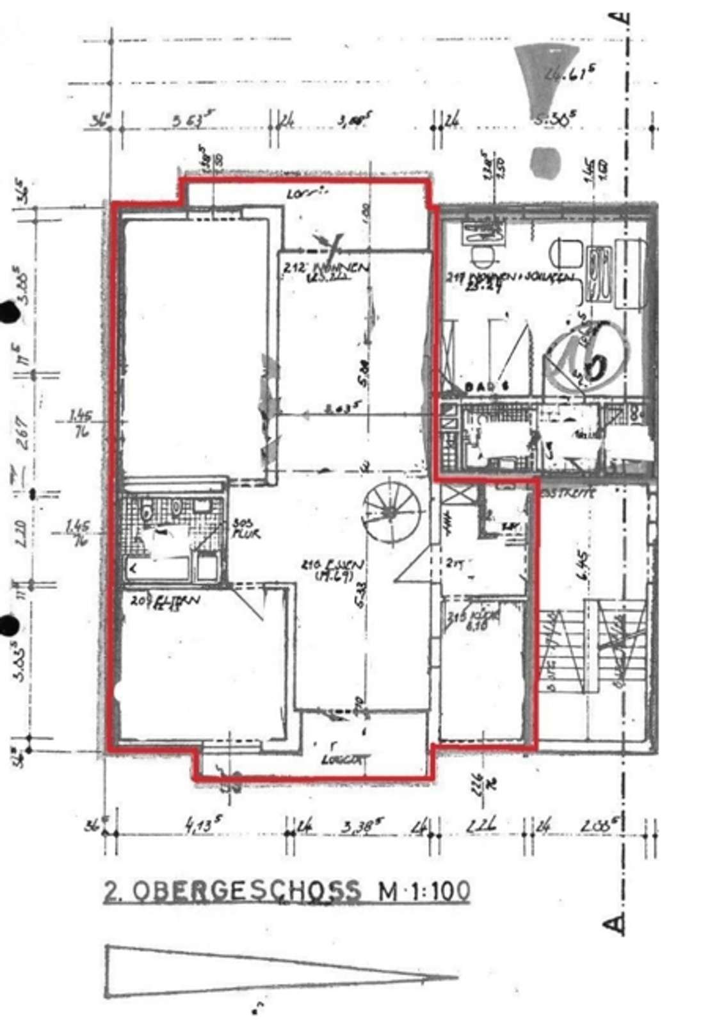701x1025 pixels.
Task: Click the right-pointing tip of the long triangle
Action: coord(456,978)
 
